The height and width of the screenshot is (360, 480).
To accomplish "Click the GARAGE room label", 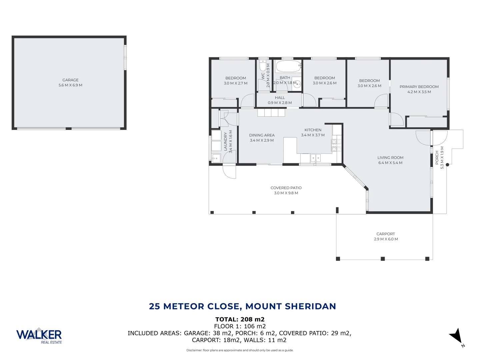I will coord(70,80).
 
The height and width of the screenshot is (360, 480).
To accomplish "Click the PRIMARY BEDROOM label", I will coord(419,87).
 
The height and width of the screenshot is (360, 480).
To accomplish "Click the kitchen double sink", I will coord(315,158).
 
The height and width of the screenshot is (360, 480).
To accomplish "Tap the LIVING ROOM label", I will coord(390,158).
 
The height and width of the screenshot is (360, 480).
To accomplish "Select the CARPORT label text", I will coord(386,234).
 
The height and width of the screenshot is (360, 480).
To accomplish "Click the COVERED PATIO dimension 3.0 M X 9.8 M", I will coord(286,193).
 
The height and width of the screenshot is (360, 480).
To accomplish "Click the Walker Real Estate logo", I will coord(39,335).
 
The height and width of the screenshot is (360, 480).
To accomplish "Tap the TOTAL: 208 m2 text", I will coord(240,319).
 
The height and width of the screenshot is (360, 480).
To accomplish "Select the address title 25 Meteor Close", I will coord(242,306).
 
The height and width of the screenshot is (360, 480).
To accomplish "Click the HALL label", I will coord(280,98).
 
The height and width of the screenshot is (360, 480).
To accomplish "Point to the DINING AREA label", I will coord(262,135).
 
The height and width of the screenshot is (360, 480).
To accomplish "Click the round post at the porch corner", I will coord(447,165).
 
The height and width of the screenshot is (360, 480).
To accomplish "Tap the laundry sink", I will coord(216,158).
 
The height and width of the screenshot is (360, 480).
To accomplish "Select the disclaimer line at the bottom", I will coord(240,350).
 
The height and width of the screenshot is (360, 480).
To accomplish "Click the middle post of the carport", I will coord(383,259).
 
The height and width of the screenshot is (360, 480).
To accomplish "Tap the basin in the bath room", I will coord(298,84).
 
